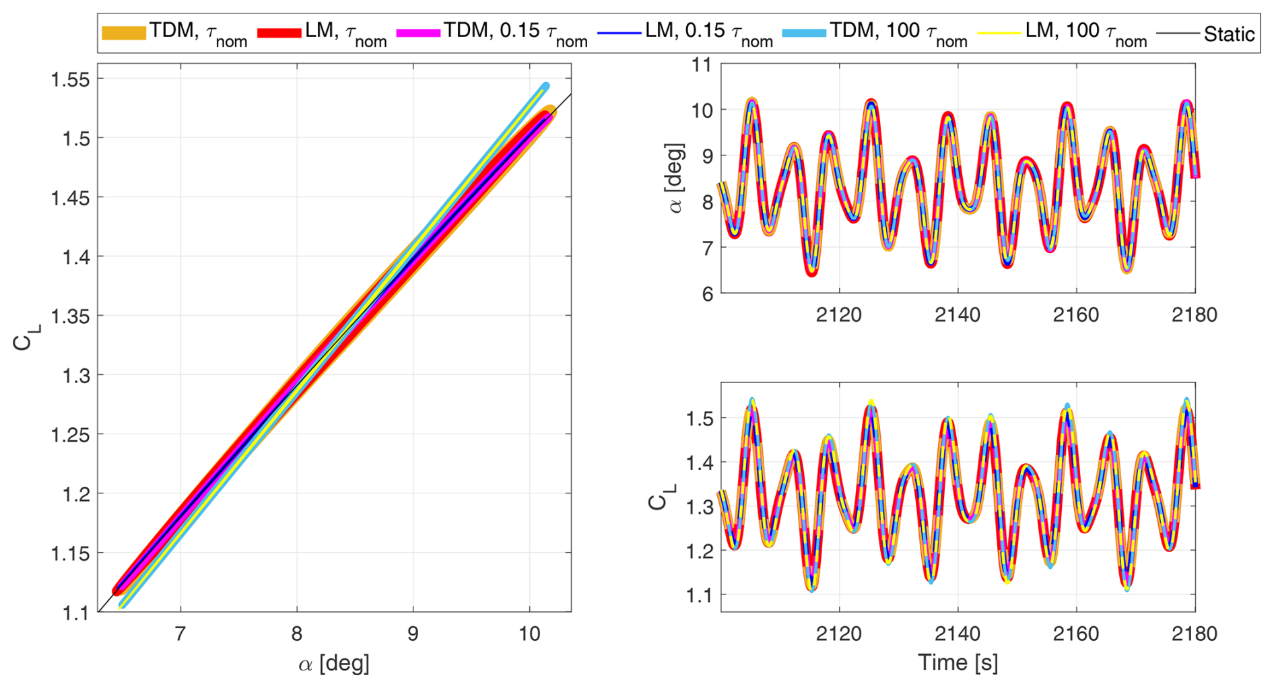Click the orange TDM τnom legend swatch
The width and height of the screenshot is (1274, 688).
point(124,32)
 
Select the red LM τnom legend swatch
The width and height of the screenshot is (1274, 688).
point(279,32)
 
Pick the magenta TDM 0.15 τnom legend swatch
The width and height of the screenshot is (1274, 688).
point(418,32)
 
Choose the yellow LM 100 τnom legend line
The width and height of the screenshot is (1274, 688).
point(999,32)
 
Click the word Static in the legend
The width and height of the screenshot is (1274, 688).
point(1229,34)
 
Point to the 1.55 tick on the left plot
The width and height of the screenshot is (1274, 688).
point(70,79)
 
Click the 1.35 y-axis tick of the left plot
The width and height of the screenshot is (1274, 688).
point(70,316)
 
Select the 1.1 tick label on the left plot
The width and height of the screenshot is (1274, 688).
point(75,613)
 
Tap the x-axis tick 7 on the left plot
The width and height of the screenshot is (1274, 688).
point(180,633)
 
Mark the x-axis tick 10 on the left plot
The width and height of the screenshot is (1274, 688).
point(530,633)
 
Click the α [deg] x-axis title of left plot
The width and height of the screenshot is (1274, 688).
point(334,664)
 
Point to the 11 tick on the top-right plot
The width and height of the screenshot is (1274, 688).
point(702,65)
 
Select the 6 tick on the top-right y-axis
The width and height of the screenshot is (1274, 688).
point(706,294)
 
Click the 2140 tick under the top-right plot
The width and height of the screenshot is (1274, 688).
point(958,314)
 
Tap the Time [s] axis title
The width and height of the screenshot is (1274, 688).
point(958,663)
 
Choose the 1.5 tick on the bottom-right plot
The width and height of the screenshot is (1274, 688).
point(698,419)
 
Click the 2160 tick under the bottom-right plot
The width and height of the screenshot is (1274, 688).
point(1076,633)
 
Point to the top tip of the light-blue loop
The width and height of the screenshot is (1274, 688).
point(545,85)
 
